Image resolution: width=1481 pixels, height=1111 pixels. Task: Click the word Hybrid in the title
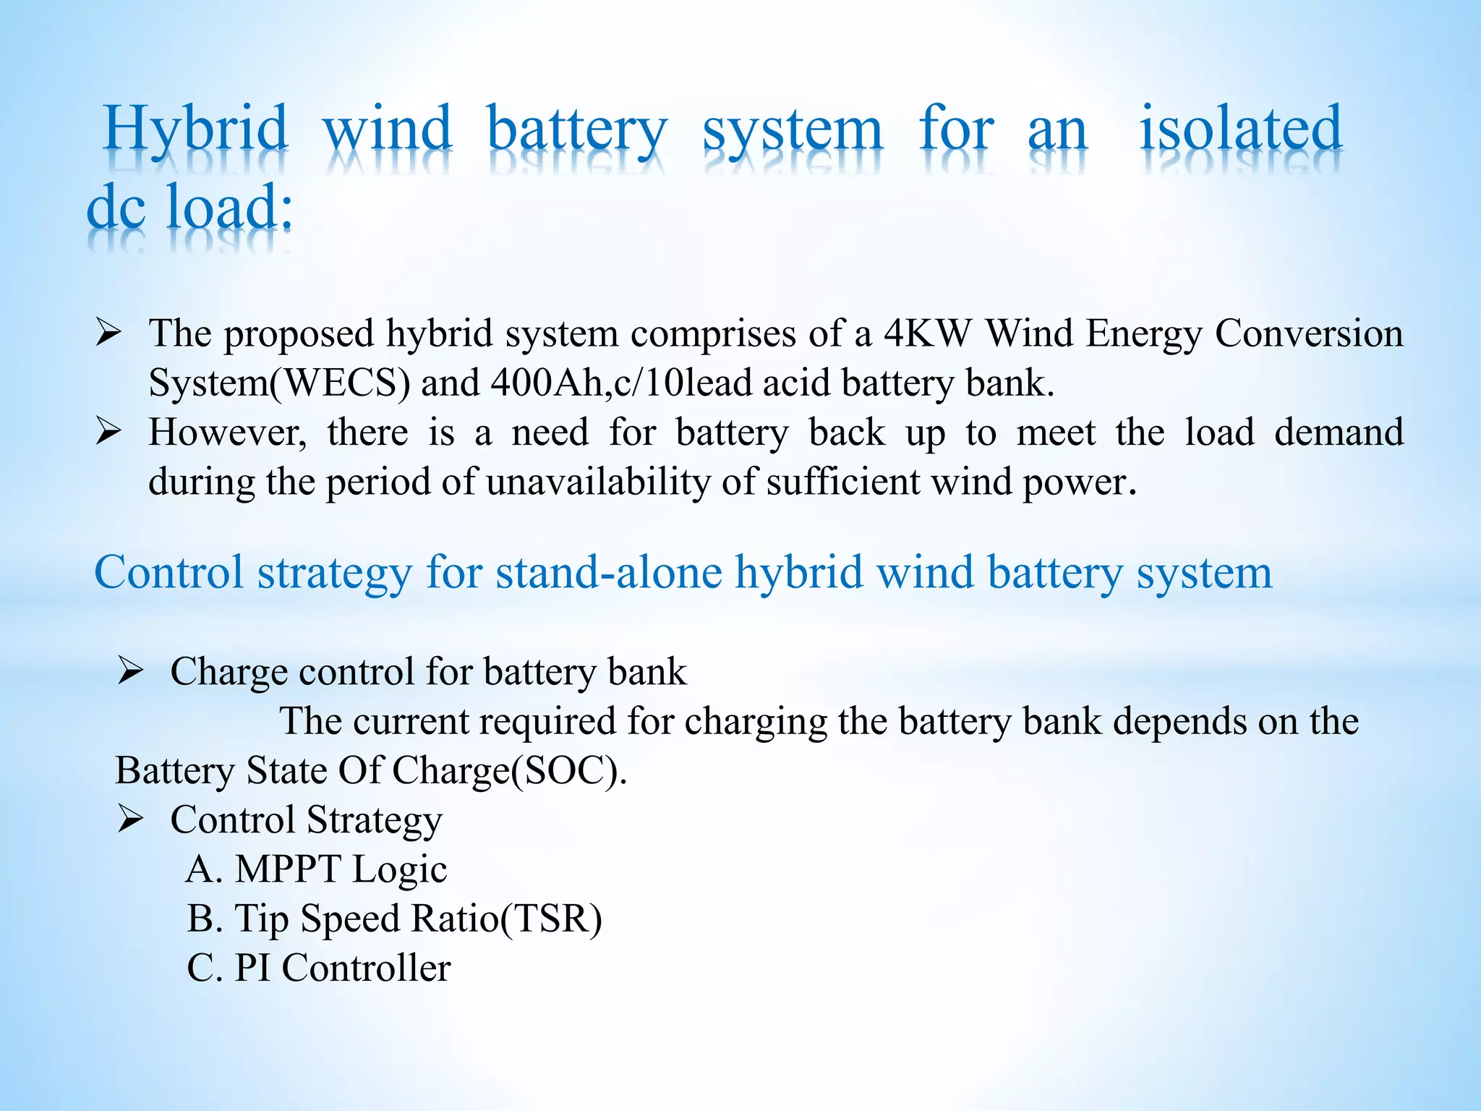pyautogui.click(x=196, y=129)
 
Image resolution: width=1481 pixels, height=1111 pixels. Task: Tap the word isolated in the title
pyautogui.click(x=1241, y=129)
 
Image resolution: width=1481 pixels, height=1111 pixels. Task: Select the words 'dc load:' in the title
pyautogui.click(x=190, y=208)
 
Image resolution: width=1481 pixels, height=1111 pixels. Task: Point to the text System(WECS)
pyautogui.click(x=279, y=383)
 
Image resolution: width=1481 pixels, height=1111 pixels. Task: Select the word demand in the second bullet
pyautogui.click(x=1339, y=433)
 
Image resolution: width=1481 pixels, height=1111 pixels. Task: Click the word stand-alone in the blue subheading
pyautogui.click(x=609, y=572)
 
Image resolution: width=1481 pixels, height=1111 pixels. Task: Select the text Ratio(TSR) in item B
pyautogui.click(x=506, y=919)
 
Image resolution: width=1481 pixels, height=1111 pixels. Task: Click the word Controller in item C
pyautogui.click(x=366, y=968)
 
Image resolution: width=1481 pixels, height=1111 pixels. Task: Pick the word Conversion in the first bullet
pyautogui.click(x=1309, y=333)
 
